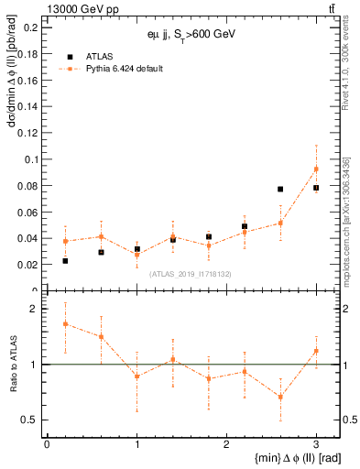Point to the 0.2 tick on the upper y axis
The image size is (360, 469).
31,27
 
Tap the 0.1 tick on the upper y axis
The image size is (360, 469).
31,159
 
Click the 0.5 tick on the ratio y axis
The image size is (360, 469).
31,420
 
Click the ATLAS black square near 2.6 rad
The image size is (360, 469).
280,189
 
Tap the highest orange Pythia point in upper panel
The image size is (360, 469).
316,169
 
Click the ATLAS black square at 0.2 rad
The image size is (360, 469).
65,261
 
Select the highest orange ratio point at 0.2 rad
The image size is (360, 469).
65,323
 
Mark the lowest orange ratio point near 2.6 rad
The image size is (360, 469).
280,397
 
